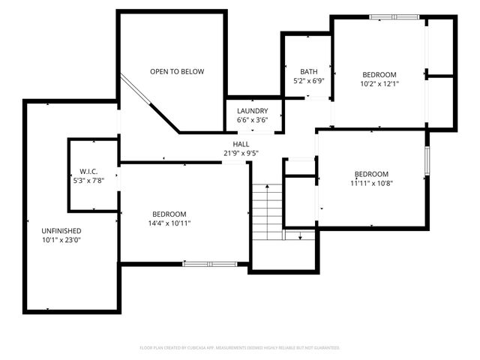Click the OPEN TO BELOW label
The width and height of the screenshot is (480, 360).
[177, 72]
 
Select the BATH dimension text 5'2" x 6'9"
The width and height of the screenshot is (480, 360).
[308, 80]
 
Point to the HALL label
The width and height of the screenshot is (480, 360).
[241, 144]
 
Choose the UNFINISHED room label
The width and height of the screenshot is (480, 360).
[61, 231]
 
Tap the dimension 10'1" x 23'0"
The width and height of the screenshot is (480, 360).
[61, 240]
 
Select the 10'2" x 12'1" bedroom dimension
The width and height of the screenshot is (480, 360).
[379, 84]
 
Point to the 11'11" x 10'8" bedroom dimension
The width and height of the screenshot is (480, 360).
[371, 183]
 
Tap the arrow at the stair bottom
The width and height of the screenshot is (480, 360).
[301, 236]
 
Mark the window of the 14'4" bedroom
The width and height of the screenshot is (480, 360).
[211, 263]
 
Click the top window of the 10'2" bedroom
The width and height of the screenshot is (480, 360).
[394, 16]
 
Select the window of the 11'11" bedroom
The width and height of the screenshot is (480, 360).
[427, 160]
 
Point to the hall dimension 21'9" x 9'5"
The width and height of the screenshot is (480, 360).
[241, 153]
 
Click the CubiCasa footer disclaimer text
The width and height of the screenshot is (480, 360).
[240, 348]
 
